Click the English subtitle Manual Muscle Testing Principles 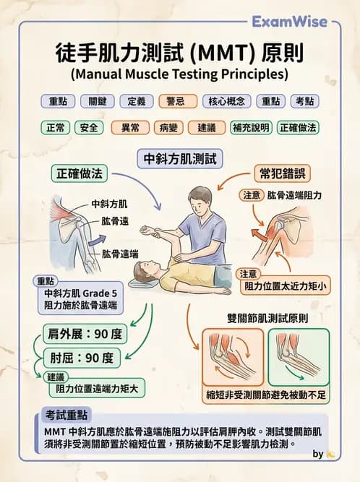pos(179,74)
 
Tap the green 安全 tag pos(90,128)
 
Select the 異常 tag pos(130,128)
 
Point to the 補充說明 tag pos(251,128)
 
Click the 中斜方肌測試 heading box pos(180,158)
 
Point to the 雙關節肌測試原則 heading pos(267,318)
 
